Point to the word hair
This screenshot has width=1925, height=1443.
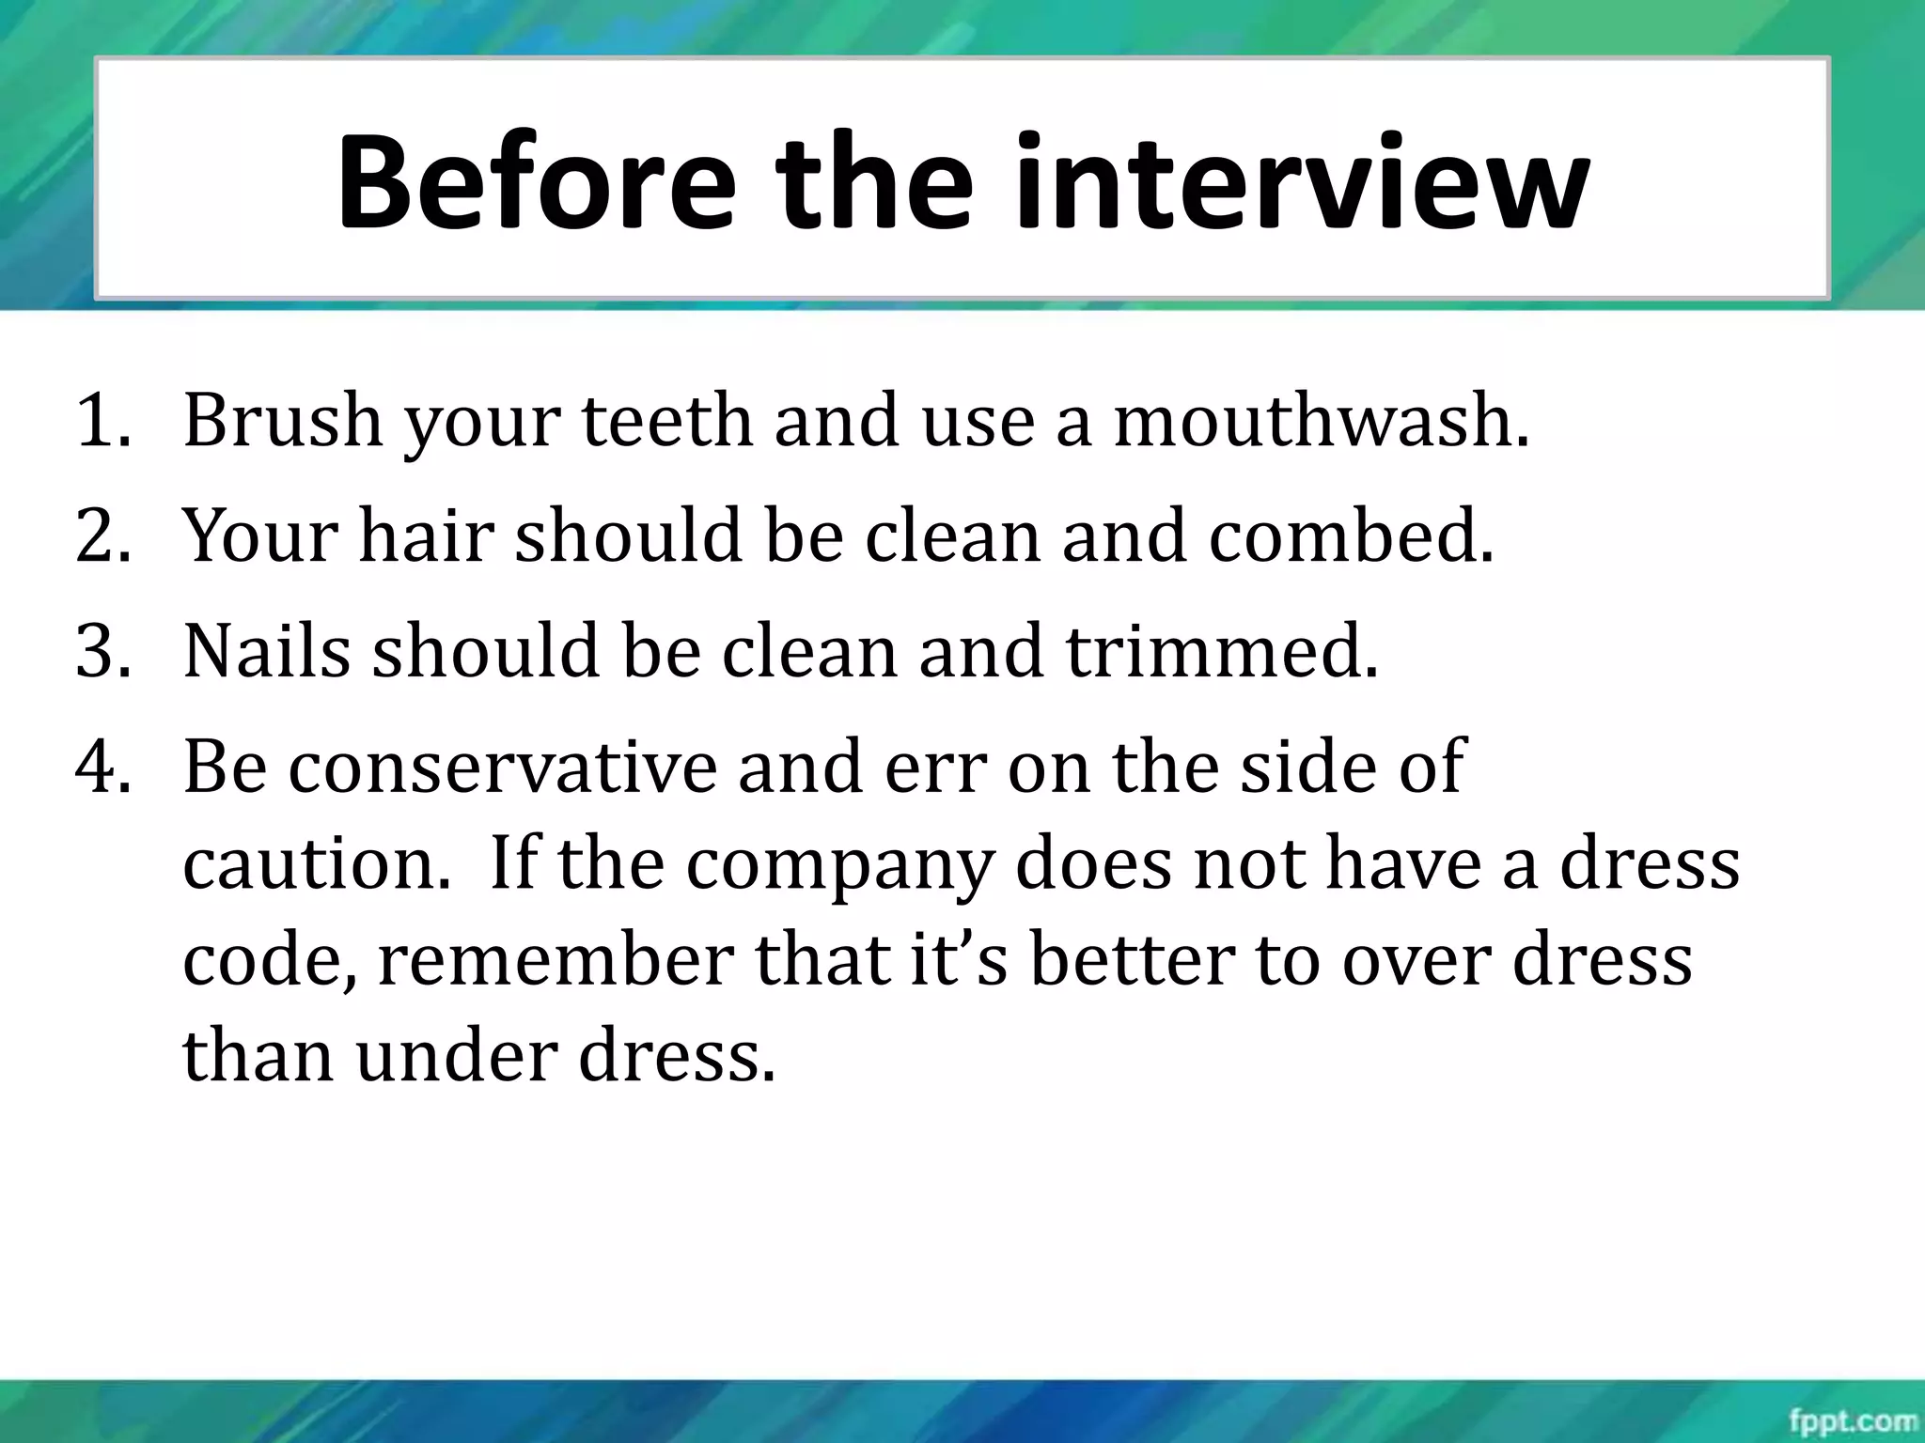coord(426,536)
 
